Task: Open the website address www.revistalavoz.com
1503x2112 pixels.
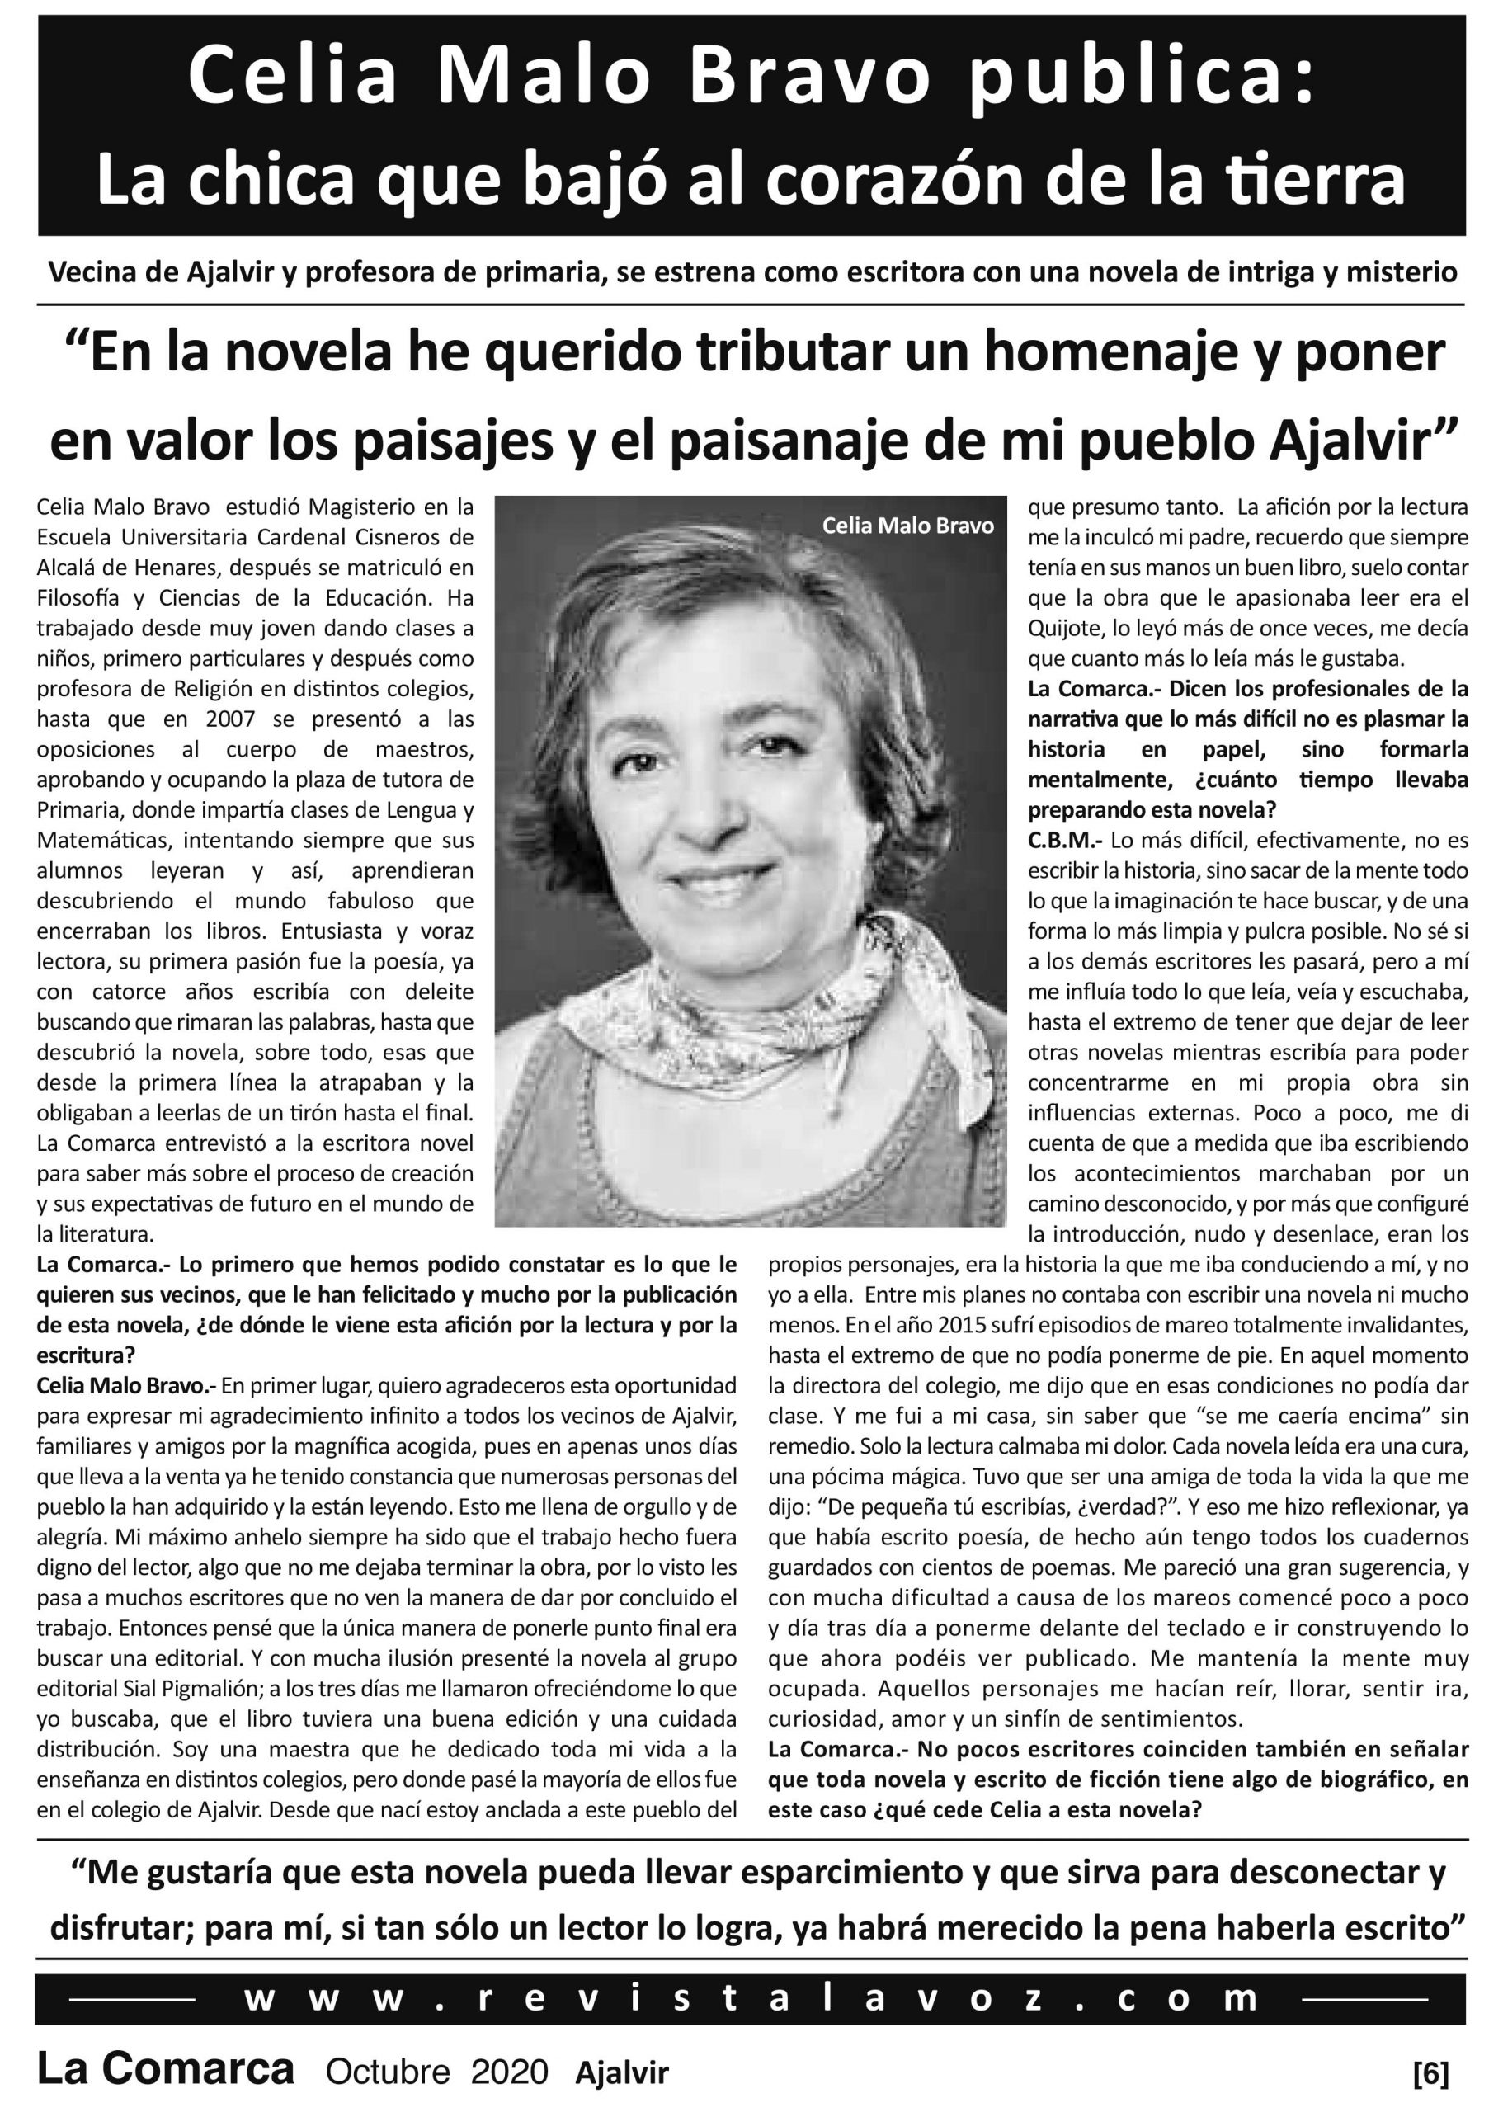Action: (x=751, y=1999)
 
